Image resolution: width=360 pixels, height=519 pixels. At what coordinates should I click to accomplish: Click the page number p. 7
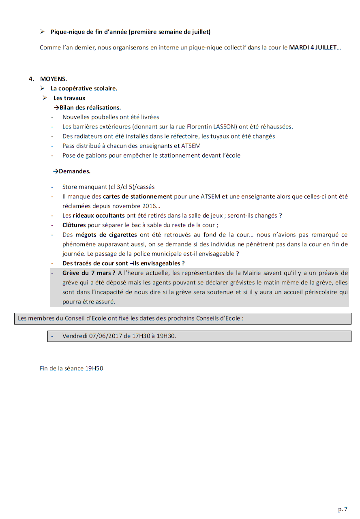click(343, 509)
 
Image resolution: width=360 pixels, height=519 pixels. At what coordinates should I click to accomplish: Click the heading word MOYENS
click(54, 79)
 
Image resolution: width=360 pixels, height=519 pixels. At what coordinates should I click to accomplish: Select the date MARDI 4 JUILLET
click(313, 47)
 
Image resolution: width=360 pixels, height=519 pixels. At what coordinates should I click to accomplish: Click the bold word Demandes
click(75, 171)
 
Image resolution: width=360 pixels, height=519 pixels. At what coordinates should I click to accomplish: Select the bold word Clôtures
click(74, 225)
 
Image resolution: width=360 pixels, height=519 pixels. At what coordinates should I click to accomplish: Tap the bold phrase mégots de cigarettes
click(106, 235)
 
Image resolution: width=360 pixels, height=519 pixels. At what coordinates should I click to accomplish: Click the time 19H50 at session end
click(94, 369)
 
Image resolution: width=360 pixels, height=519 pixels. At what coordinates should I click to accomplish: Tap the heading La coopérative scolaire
click(84, 88)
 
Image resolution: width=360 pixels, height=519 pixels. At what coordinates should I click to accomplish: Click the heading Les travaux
click(69, 98)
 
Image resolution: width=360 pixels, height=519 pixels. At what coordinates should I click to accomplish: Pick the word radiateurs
click(88, 136)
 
